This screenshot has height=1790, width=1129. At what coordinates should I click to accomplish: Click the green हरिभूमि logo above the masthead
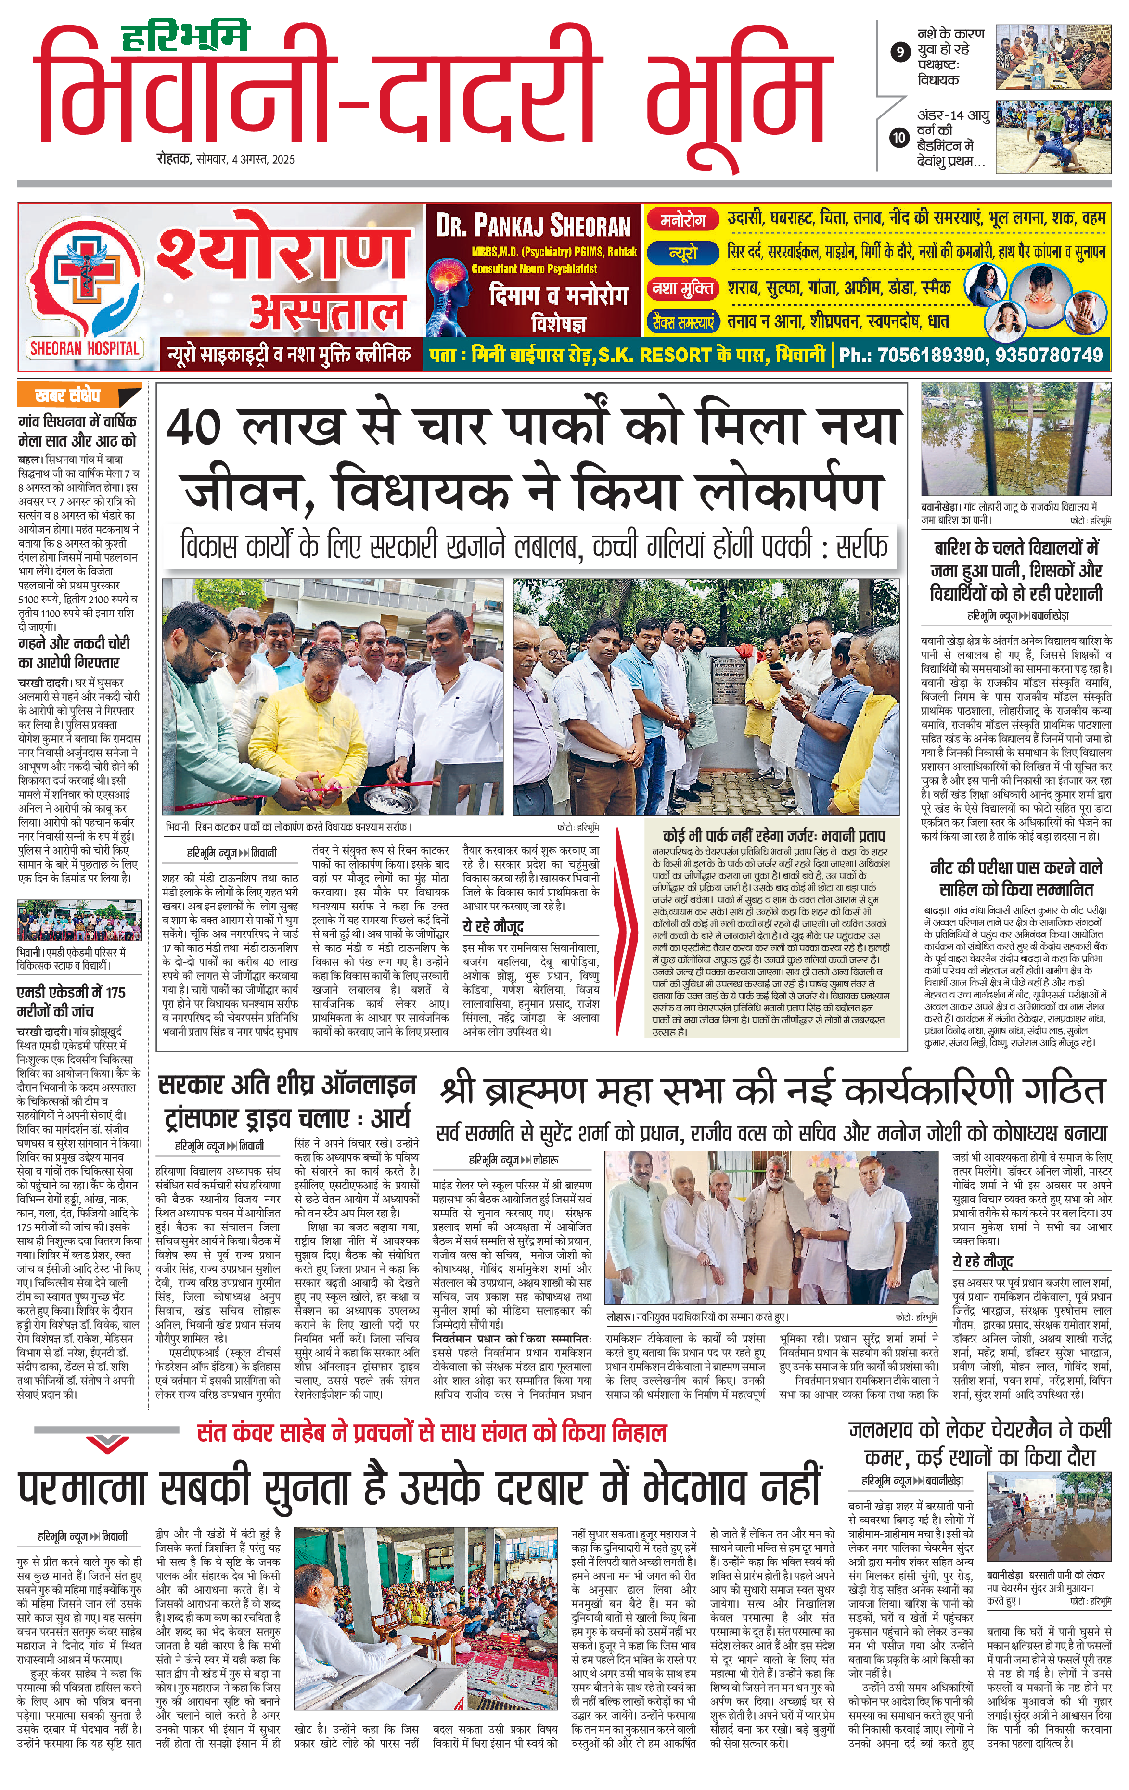click(185, 37)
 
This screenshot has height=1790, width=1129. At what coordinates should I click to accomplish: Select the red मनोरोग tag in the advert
click(682, 220)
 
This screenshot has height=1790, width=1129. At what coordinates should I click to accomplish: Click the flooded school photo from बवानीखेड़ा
click(1015, 441)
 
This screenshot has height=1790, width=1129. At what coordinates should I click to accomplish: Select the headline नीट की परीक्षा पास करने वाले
click(1015, 868)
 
